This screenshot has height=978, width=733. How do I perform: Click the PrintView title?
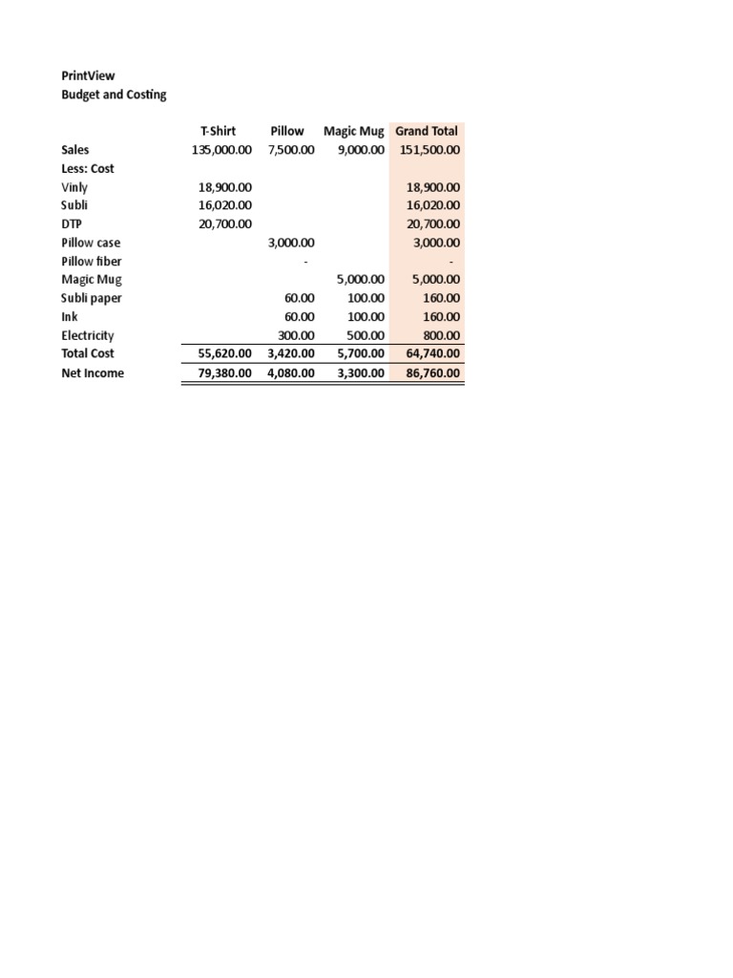point(88,75)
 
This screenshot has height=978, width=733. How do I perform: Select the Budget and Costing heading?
point(114,95)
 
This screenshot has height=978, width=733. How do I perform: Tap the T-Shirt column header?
point(218,131)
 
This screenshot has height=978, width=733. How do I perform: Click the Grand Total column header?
point(427,131)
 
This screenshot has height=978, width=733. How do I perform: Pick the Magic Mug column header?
point(353,131)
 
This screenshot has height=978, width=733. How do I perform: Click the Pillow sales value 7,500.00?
point(291,150)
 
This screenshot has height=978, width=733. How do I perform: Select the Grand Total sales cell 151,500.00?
point(429,150)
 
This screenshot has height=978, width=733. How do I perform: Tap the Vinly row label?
point(74,187)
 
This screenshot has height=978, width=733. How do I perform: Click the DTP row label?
point(73,224)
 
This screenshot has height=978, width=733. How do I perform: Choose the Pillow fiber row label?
point(92,262)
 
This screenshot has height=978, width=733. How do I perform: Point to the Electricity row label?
point(88,336)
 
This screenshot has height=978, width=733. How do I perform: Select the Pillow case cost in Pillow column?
point(291,243)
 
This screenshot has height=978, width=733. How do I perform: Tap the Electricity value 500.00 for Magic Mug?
point(366,336)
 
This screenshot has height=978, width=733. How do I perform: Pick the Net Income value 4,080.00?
point(291,373)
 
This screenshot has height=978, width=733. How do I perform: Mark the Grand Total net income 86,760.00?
point(432,373)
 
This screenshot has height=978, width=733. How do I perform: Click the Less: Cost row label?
point(88,168)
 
